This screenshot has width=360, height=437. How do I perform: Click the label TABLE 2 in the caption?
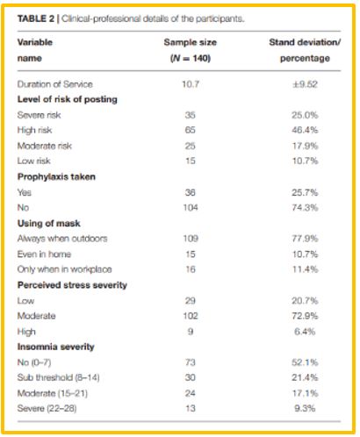pos(36,18)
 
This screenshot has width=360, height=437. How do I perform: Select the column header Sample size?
pos(191,42)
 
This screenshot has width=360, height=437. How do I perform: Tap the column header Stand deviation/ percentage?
pos(305,50)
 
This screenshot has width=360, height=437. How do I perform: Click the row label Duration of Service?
pos(55,84)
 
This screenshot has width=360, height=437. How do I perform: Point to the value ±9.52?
pos(305,84)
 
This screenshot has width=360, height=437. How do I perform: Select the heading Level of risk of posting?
pos(68,99)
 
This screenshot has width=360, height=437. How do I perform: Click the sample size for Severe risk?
pos(191,115)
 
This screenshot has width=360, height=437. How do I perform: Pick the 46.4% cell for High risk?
pos(305,130)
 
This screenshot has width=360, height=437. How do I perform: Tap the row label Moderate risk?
pos(45,146)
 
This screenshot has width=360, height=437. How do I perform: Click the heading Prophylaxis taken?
pos(56,176)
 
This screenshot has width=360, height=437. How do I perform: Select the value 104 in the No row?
pos(191,208)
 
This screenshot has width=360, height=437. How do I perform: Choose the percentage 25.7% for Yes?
pos(305,192)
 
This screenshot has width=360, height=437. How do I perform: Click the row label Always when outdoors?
pos(62,239)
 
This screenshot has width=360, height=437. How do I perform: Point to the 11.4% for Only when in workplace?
pos(305,269)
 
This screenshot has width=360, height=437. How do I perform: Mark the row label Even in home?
pos(44,254)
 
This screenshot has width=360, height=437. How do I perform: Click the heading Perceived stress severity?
pos(72,285)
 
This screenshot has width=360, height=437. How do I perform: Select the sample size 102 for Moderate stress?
pos(191,316)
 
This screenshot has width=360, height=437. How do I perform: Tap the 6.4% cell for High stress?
pos(305,332)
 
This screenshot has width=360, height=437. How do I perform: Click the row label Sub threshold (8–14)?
pos(59,377)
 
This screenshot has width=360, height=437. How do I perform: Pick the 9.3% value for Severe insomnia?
pos(305,408)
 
